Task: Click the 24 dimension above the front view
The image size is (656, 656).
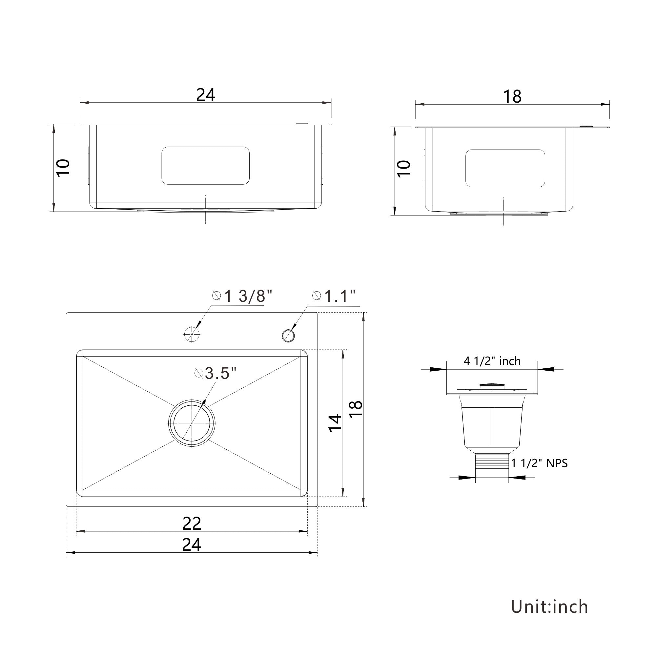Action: pos(205,95)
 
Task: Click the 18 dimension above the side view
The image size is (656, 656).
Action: pos(512,96)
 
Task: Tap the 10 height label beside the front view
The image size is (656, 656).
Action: pos(64,167)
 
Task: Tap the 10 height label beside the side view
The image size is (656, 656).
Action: pos(404,168)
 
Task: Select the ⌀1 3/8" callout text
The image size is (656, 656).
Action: pos(242,296)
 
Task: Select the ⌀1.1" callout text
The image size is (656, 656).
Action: pos(334,296)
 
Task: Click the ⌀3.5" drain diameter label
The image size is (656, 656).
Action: pos(215,374)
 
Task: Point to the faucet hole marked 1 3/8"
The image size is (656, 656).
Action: pos(192,334)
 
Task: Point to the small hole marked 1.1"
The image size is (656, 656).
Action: pos(288,336)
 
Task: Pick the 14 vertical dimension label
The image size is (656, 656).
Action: pos(335,423)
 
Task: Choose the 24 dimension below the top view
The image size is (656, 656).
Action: pos(192,544)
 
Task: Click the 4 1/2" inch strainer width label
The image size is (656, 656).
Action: pos(492,361)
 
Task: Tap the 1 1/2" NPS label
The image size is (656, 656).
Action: pos(540,463)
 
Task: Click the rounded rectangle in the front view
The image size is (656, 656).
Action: pos(205,166)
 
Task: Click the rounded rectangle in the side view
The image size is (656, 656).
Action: pos(505,168)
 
